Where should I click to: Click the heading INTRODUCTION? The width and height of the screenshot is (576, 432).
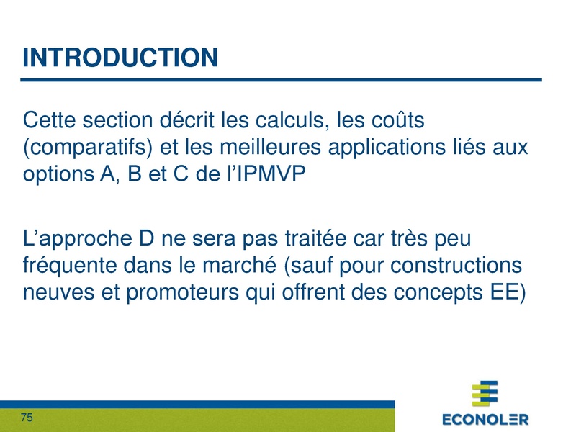point(120,58)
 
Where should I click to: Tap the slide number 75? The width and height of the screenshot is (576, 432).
point(28,418)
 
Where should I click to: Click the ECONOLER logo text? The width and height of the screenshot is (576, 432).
point(485,418)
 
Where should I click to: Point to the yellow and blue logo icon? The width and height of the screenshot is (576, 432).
point(484,393)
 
